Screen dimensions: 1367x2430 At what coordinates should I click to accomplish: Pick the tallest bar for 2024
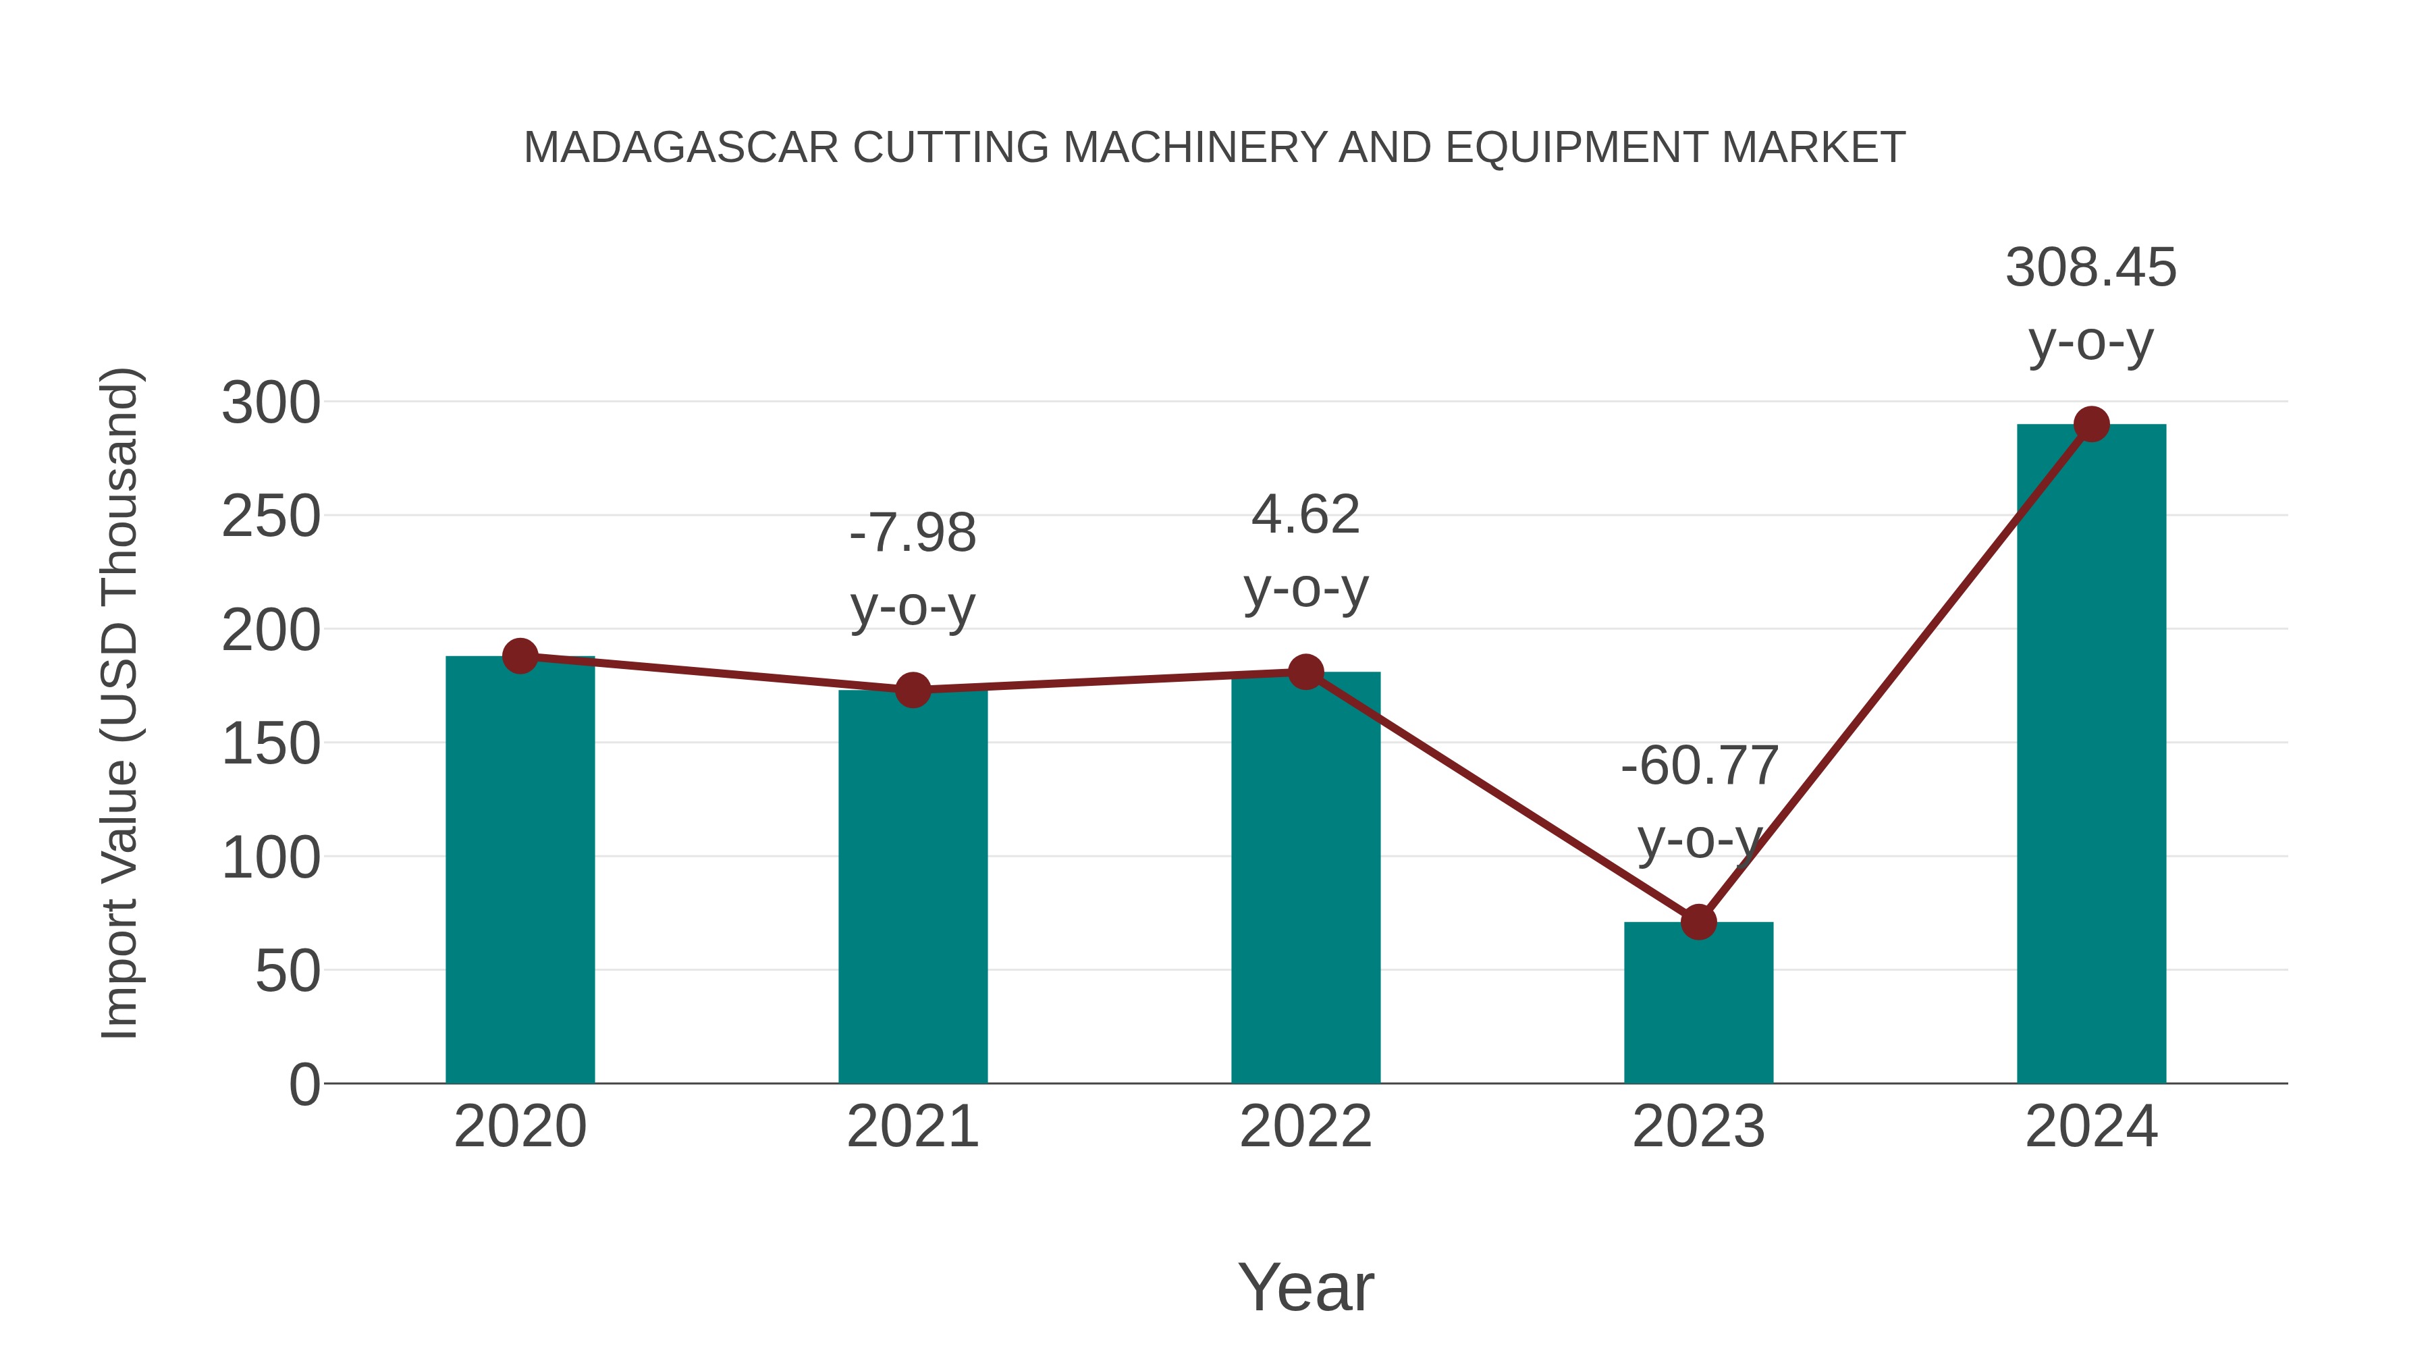pos(2091,755)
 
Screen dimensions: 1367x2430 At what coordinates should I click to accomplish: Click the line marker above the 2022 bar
pos(1305,672)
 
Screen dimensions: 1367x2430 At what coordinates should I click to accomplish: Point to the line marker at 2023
pos(1698,921)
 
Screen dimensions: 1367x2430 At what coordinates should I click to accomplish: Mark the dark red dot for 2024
pos(2091,425)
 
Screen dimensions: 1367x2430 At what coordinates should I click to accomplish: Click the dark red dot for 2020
pos(520,655)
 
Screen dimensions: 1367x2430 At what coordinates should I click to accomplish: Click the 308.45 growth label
pos(2090,268)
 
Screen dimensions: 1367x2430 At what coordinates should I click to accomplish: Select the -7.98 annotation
pos(912,534)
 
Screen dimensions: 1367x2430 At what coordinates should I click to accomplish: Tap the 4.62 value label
pos(1305,516)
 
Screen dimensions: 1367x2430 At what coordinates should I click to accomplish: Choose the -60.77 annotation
pos(1699,766)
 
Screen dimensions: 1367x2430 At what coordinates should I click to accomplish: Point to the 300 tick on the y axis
pos(271,404)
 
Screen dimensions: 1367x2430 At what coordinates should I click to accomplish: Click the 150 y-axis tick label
pos(271,745)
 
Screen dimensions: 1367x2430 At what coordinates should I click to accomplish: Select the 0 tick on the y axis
pos(304,1085)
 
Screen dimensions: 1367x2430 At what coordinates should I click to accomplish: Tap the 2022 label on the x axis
pos(1305,1127)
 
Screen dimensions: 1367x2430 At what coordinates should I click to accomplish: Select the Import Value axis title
pos(121,703)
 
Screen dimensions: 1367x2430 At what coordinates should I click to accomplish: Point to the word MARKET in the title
pos(1813,148)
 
